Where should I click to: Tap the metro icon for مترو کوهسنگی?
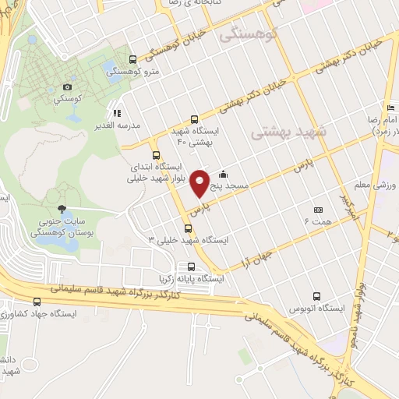[x=132, y=59]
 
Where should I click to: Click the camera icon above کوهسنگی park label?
[x=68, y=87]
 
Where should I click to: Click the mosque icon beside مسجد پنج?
[x=224, y=175]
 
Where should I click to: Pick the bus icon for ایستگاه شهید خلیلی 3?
[x=188, y=228]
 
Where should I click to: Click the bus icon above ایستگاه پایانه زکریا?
[x=191, y=266]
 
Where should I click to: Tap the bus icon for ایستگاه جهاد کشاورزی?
[x=37, y=302]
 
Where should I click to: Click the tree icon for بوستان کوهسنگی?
[x=62, y=209]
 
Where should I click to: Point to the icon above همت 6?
[x=317, y=210]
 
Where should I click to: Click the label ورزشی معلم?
[x=380, y=185]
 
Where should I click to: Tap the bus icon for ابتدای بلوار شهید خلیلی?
[x=157, y=154]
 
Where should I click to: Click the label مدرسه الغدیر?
[x=122, y=125]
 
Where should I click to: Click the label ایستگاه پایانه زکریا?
[x=191, y=278]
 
